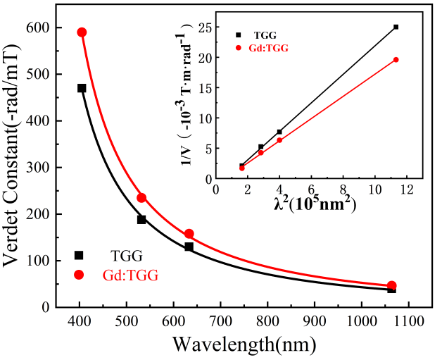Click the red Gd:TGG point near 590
(x=82, y=32)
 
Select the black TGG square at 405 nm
(x=82, y=88)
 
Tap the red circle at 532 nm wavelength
(x=141, y=198)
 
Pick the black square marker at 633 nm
(x=189, y=247)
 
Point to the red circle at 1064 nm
(x=392, y=285)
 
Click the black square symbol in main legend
(x=79, y=255)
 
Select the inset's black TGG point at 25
(x=396, y=27)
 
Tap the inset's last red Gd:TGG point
(x=396, y=59)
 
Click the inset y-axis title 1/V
(x=189, y=106)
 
